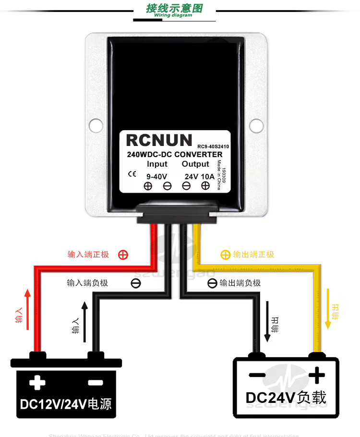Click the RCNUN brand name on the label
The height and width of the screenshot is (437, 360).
[x=159, y=140]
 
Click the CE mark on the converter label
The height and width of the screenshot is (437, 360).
[x=132, y=174]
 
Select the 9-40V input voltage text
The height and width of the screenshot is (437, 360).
[x=156, y=176]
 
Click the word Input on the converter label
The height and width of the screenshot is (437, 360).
[x=157, y=164]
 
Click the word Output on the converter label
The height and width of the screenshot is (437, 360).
[x=195, y=164]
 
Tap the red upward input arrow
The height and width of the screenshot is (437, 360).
[x=27, y=309]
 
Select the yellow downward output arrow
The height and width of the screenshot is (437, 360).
[x=328, y=308]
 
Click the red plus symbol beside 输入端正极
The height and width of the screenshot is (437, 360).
[x=123, y=255]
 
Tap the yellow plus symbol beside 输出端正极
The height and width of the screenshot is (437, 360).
[x=225, y=255]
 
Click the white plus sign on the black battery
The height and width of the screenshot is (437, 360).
[x=37, y=383]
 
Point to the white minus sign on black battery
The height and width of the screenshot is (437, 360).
[x=96, y=383]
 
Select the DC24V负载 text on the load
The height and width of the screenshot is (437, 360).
[x=286, y=398]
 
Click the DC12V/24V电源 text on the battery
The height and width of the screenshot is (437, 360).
[x=66, y=403]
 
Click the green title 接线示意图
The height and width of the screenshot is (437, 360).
[x=174, y=8]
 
